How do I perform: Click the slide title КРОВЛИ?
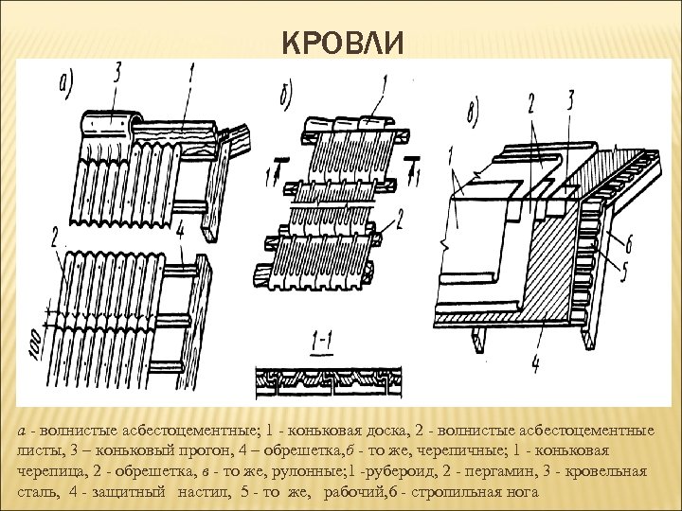click(343, 44)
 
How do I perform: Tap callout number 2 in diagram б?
click(402, 221)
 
